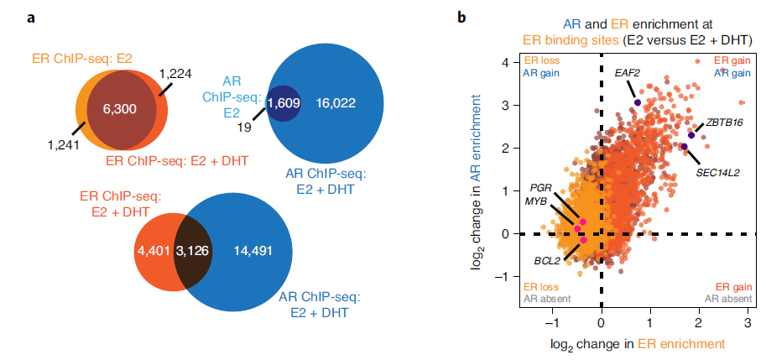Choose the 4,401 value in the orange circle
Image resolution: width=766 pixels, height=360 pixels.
coord(152,250)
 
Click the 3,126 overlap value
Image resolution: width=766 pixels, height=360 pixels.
coord(192,250)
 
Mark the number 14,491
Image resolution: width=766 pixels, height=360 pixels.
coord(252,250)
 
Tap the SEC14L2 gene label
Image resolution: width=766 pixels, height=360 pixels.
coord(717,172)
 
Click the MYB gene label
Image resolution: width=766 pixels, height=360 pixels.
coord(538,201)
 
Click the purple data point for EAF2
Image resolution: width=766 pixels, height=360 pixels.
coord(637,102)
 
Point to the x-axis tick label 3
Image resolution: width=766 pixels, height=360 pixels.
coord(746,323)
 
